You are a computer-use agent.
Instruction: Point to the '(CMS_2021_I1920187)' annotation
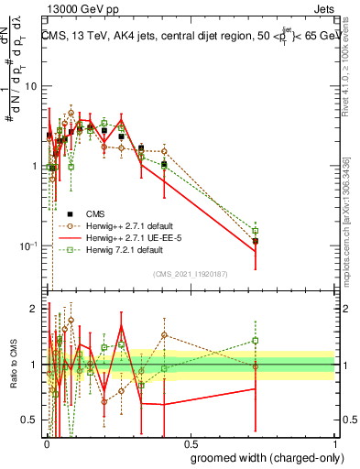point(190,274)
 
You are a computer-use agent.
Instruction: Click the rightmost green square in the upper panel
point(256,231)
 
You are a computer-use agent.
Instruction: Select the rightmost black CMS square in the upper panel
point(256,241)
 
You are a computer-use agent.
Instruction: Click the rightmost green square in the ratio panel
point(256,341)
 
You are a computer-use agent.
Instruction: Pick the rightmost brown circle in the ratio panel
point(256,365)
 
